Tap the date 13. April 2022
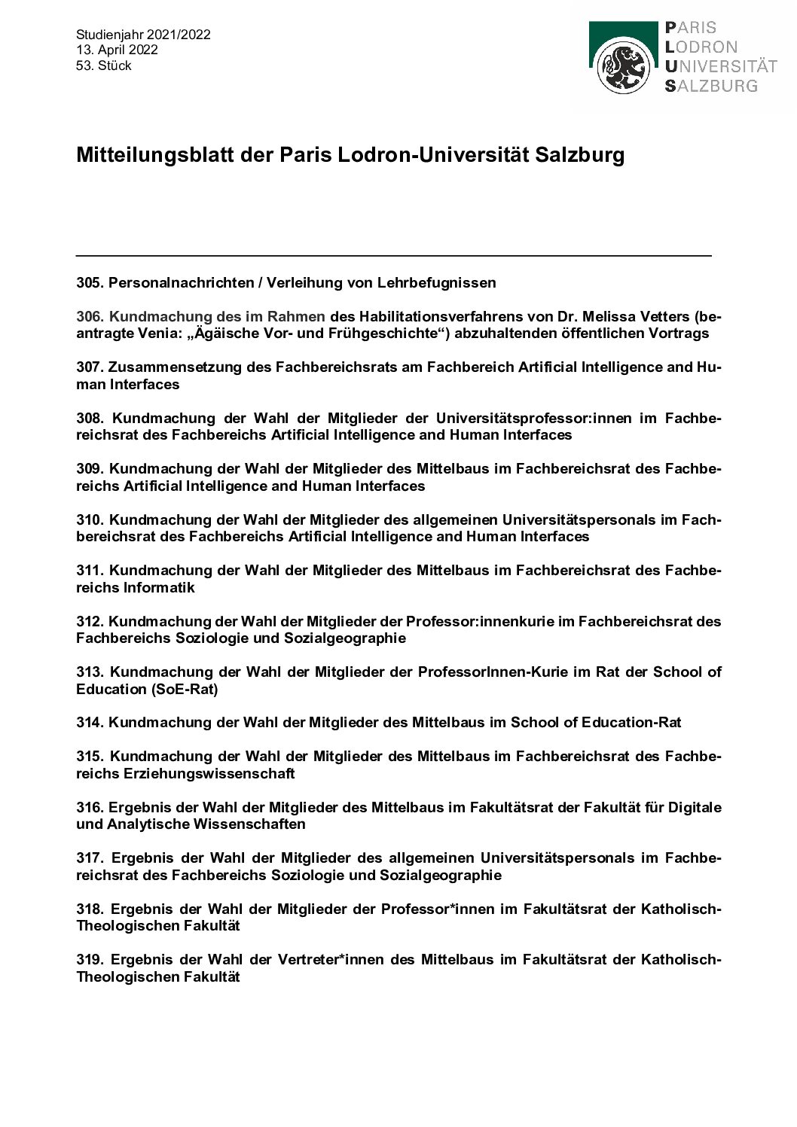coord(117,50)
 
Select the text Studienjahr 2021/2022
coord(143,35)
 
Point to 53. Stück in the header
coord(104,65)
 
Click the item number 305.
coord(90,283)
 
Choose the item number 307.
coord(90,367)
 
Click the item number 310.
coord(90,519)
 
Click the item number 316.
coord(90,807)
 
